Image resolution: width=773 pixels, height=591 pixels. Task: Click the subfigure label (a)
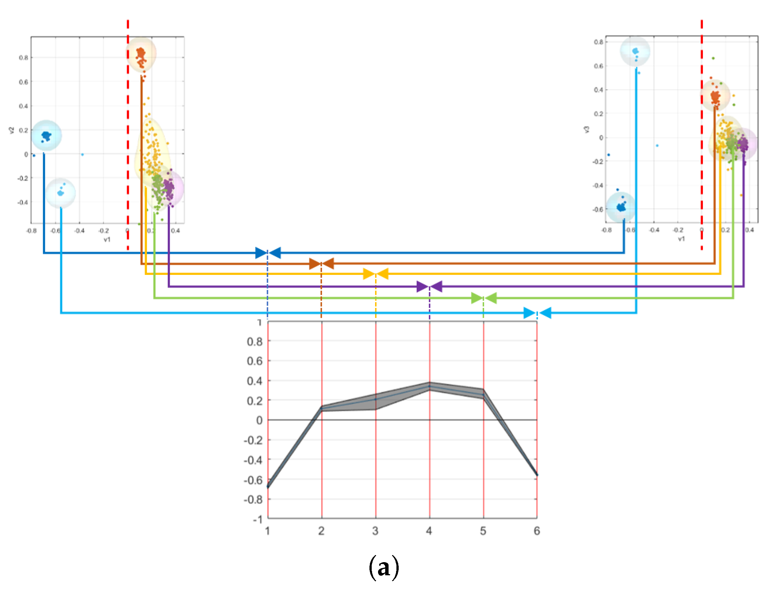(x=384, y=568)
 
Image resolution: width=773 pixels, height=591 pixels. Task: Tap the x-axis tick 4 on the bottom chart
(x=429, y=531)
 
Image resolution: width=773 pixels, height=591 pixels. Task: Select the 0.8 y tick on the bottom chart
(x=254, y=342)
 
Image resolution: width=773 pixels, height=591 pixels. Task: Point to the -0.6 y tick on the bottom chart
(x=253, y=480)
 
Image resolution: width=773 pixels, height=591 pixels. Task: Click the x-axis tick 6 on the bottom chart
(x=537, y=531)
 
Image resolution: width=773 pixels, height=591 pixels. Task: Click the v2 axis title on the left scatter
(x=12, y=130)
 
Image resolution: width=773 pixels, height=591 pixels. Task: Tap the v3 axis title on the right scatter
(x=587, y=129)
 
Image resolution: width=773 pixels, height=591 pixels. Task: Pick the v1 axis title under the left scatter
(x=107, y=239)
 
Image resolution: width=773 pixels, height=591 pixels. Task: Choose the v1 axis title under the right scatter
(x=681, y=239)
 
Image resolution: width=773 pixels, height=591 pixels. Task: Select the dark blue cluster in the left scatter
(x=46, y=136)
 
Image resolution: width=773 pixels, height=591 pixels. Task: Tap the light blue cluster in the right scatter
(x=635, y=51)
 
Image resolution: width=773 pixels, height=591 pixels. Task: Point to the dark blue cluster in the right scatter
(x=621, y=207)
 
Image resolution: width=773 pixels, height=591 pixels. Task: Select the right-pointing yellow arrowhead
(x=369, y=274)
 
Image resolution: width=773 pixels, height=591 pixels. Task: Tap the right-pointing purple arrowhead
(x=422, y=287)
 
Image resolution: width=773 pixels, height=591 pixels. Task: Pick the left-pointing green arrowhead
(x=491, y=298)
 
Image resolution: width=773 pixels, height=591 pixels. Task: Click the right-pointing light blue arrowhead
(x=529, y=313)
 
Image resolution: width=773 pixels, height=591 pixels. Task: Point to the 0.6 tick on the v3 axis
(x=598, y=66)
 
